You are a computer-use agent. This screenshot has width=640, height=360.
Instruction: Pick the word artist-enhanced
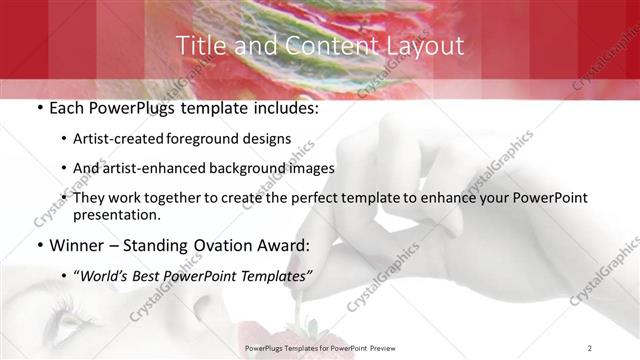[156, 168]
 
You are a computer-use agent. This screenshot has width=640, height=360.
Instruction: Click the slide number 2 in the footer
[589, 347]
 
